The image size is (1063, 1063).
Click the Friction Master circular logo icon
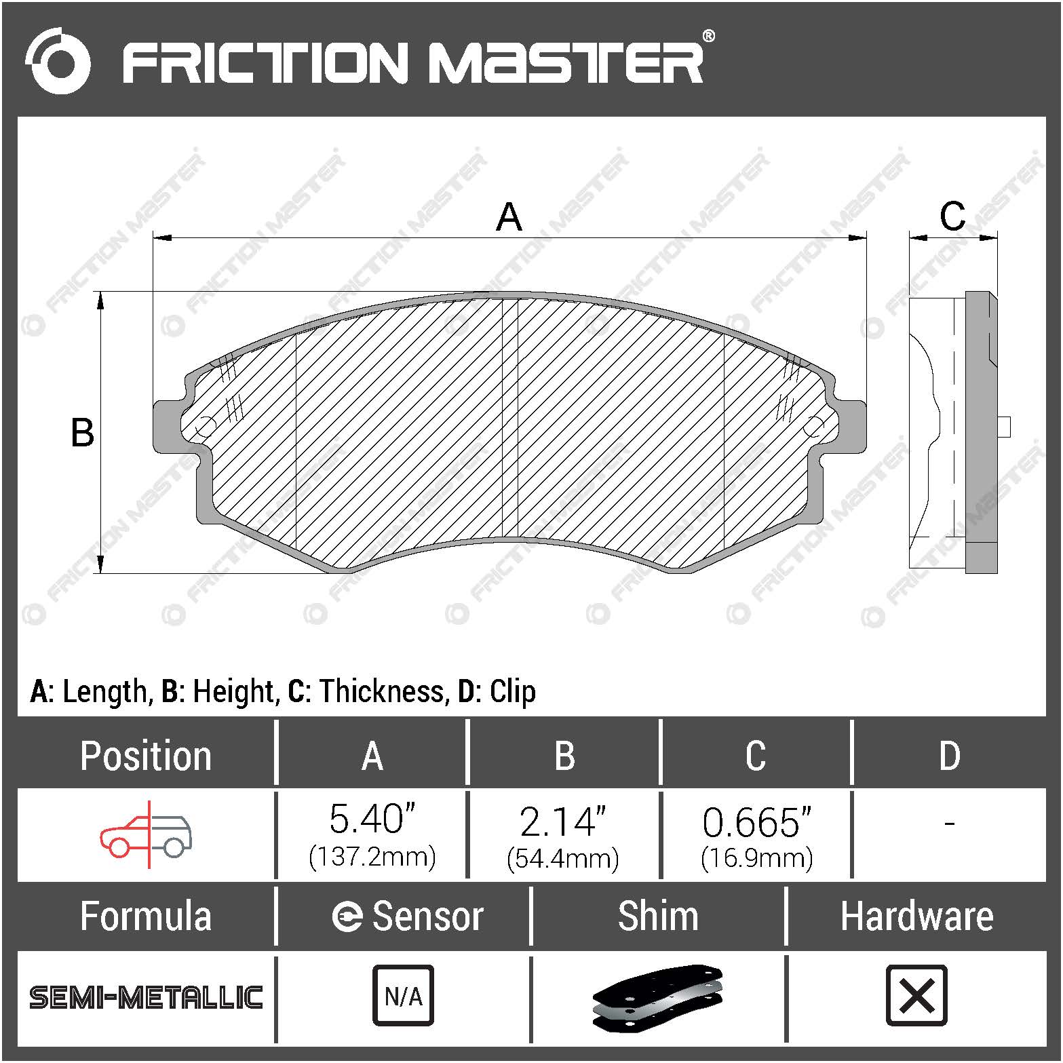[x=58, y=61]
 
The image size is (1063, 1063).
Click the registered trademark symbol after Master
[x=708, y=36]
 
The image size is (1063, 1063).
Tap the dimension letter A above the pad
[x=509, y=217]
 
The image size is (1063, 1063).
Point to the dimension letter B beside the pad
[x=82, y=433]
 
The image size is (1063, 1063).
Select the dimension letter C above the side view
[x=952, y=216]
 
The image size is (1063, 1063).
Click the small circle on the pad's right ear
[x=813, y=427]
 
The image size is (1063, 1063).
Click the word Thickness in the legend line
[x=383, y=691]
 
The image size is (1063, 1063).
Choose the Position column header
[x=145, y=756]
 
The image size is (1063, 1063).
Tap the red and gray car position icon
[x=147, y=834]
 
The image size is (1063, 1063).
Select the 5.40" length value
[x=372, y=819]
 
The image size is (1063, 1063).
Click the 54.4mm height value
[x=563, y=859]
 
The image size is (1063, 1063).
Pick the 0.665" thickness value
[x=756, y=822]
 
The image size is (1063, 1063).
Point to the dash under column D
[x=949, y=824]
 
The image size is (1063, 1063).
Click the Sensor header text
[x=427, y=916]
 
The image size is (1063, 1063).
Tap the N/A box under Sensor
[x=403, y=995]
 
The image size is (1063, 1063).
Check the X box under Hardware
[x=916, y=995]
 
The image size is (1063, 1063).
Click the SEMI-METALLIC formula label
[x=146, y=997]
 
